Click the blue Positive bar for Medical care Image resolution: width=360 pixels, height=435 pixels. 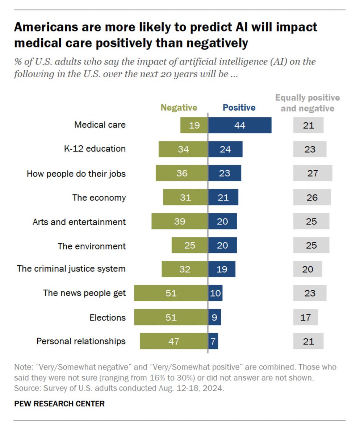click(x=240, y=125)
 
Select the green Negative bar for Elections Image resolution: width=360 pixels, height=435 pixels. click(x=171, y=317)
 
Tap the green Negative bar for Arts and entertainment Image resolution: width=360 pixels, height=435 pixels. click(x=180, y=221)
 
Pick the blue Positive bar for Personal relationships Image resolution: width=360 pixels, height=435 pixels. click(x=213, y=341)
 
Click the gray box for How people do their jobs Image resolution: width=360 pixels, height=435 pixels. click(x=312, y=173)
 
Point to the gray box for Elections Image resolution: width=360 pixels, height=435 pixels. click(x=305, y=317)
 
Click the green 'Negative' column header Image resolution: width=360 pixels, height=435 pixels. click(x=179, y=108)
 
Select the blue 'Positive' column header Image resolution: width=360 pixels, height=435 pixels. click(x=239, y=108)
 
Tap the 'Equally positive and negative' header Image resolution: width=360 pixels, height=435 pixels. click(x=307, y=103)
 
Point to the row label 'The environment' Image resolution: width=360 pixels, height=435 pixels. click(x=92, y=246)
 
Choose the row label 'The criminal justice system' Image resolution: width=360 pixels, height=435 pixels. click(x=71, y=269)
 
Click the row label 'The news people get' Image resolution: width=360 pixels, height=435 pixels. click(x=84, y=293)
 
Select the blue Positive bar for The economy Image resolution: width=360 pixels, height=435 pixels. click(x=223, y=197)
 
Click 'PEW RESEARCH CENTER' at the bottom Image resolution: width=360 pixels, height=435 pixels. click(x=59, y=403)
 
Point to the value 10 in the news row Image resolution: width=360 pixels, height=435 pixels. click(x=215, y=293)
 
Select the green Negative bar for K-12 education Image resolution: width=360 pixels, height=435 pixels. click(x=183, y=149)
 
